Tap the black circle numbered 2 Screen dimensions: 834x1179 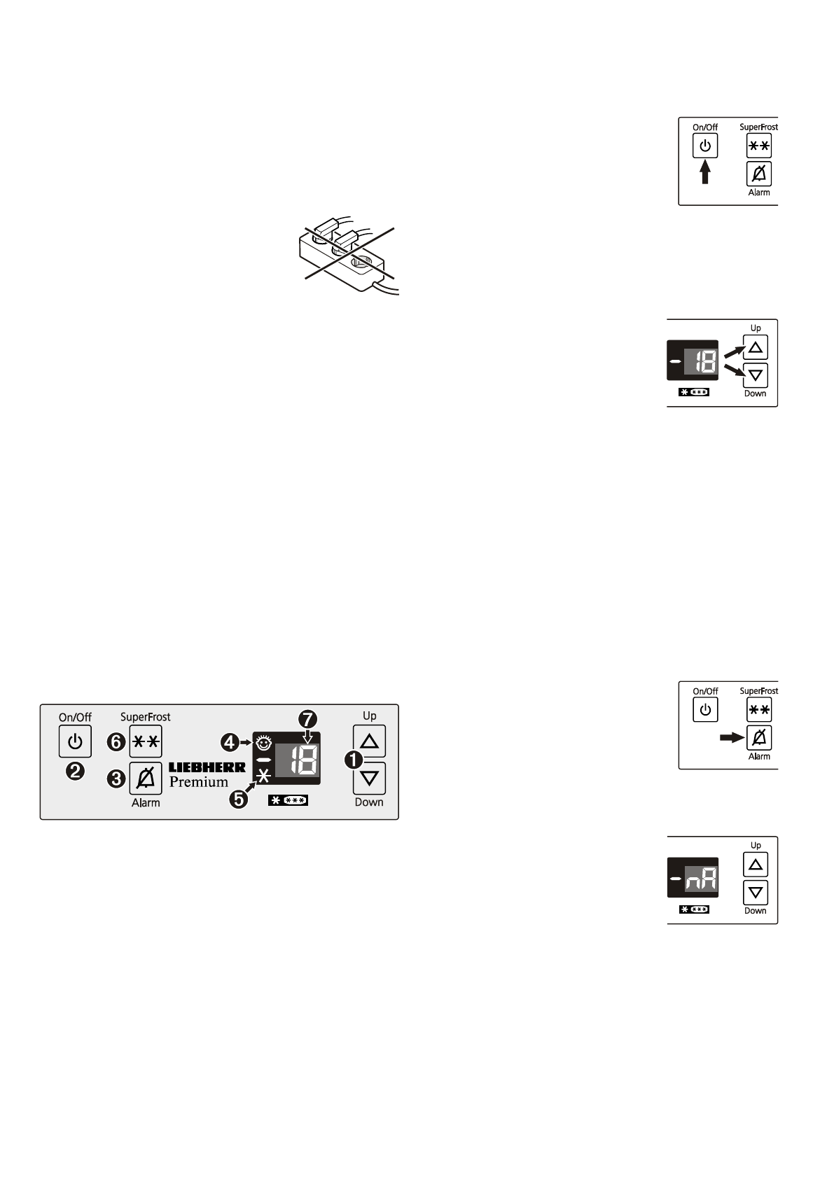coord(75,771)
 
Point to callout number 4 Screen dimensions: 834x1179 coord(230,741)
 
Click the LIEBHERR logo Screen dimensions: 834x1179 coord(207,767)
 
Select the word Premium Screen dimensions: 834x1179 coord(199,782)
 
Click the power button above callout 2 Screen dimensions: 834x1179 coord(75,741)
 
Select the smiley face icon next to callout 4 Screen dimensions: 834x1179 coord(264,741)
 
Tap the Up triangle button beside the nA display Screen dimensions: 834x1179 coord(755,865)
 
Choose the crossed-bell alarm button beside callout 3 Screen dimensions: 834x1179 coord(146,778)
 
